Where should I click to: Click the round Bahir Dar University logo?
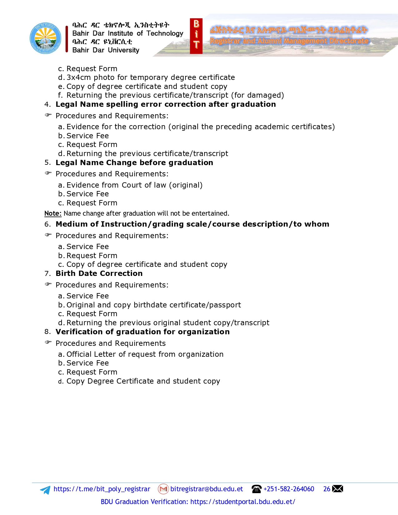tap(46, 38)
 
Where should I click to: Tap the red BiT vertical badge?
tap(196, 36)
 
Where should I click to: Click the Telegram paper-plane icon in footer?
tap(45, 490)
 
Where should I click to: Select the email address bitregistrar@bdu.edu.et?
tap(206, 489)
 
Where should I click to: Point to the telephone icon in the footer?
tap(256, 489)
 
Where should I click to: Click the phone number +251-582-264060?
tap(289, 489)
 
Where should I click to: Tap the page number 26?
tap(327, 489)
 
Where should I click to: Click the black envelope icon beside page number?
tap(337, 489)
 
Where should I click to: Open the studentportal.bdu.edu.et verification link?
tap(243, 502)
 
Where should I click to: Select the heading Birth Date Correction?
tap(99, 273)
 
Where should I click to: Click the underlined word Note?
tap(53, 213)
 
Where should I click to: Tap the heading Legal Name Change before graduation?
tap(134, 163)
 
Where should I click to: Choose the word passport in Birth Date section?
tap(225, 305)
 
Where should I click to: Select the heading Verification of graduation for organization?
tap(142, 332)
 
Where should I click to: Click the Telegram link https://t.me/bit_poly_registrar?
tap(102, 489)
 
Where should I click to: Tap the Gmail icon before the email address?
tap(163, 489)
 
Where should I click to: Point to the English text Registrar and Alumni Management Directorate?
tap(289, 41)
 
